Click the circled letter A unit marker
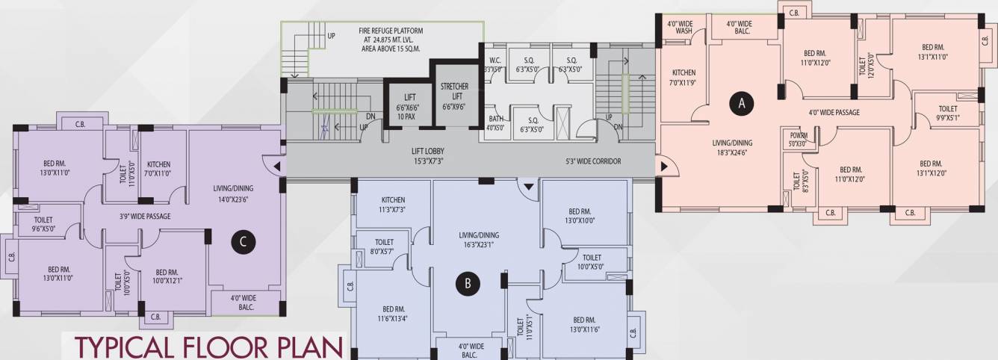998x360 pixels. pos(741,104)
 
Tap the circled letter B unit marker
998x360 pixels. pos(467,283)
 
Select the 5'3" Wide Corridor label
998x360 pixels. pos(593,161)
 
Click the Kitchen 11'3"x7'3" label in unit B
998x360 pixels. pos(393,205)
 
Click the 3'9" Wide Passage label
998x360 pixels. pos(145,217)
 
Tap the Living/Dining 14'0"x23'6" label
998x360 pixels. pos(233,194)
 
